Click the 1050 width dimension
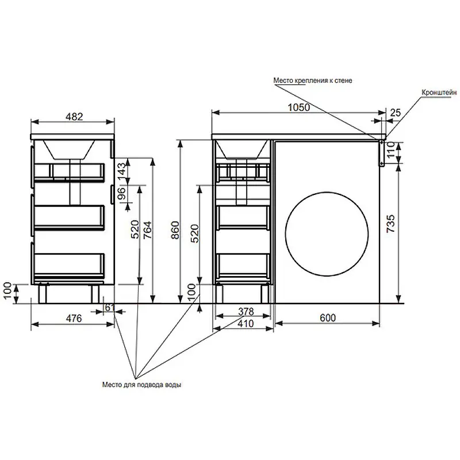coord(298,108)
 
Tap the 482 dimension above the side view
coord(74,117)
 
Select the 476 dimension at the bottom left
coord(74,319)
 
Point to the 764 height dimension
coord(148,229)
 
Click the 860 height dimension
coord(175,230)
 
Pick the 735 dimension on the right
coord(391,224)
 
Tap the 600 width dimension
coord(327,317)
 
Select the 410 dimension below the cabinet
coord(246,323)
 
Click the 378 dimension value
coord(246,311)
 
